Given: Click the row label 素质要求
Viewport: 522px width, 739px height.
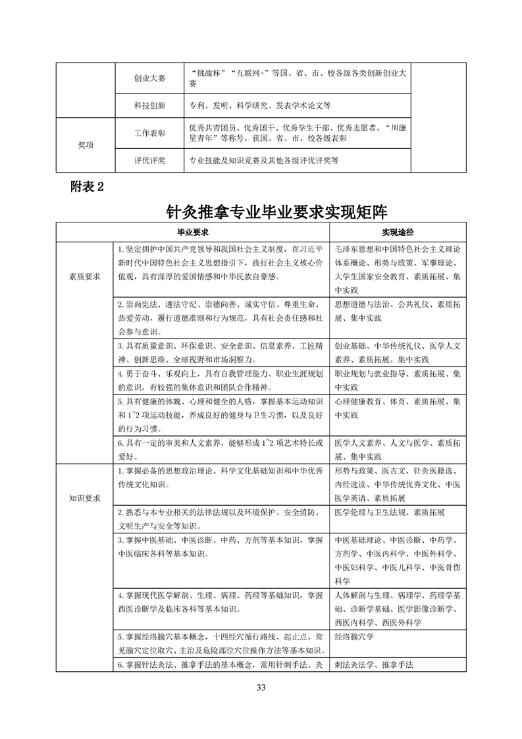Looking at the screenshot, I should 85,277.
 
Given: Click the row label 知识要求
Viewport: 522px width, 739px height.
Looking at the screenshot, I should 85,499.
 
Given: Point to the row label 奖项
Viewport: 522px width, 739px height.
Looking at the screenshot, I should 85,146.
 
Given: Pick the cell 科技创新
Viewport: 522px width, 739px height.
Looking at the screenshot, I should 149,105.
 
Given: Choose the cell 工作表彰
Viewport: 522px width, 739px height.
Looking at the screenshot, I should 149,133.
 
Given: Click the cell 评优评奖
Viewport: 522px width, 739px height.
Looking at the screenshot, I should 149,160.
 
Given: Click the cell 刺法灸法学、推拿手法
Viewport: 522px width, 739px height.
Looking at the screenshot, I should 374,665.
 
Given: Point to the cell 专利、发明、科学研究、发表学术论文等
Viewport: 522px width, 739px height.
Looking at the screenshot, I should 259,105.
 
